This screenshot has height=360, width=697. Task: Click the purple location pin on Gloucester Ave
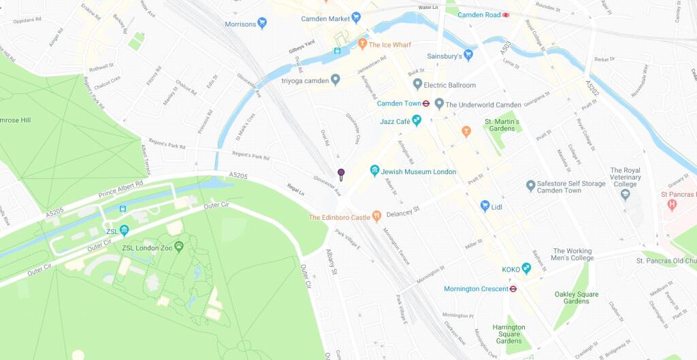(x=341, y=174)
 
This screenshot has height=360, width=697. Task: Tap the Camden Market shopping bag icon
(x=356, y=18)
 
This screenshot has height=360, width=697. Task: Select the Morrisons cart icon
(x=262, y=24)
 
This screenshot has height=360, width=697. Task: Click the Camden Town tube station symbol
(x=425, y=103)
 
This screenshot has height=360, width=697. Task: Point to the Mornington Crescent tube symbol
(x=513, y=289)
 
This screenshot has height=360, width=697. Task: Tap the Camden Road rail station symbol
(x=506, y=14)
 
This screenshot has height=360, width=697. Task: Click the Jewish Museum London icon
(x=374, y=171)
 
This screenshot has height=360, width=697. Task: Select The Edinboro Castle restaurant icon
(x=376, y=217)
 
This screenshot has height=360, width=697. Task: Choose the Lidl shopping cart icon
(x=485, y=205)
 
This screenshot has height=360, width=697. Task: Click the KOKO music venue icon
(x=526, y=269)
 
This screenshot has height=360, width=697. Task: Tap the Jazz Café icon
(x=417, y=120)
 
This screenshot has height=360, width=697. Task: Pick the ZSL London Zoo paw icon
(x=178, y=246)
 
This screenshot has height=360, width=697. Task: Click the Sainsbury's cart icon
(x=468, y=55)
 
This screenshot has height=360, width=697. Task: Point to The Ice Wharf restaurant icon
(x=363, y=44)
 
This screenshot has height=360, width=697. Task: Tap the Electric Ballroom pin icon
(x=417, y=84)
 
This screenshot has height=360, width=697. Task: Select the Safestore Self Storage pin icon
(x=531, y=185)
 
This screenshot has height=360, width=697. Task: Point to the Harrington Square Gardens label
(x=509, y=333)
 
